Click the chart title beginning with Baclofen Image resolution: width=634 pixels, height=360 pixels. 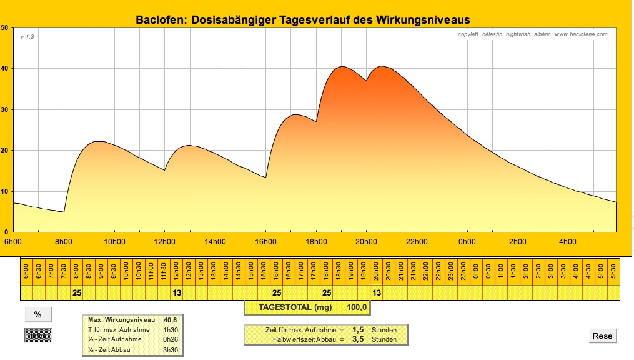(302, 20)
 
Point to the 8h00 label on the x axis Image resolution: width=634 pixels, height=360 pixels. (64, 242)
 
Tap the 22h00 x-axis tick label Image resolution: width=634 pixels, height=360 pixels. (417, 242)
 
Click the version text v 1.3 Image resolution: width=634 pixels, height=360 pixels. (27, 37)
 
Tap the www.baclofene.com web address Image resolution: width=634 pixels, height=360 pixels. (580, 34)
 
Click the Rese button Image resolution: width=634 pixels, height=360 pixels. (603, 336)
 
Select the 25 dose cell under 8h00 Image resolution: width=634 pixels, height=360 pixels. (77, 292)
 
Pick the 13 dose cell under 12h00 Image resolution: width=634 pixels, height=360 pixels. (177, 292)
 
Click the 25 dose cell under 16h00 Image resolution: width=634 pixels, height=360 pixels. (277, 292)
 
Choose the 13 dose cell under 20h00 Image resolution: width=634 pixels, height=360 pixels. (377, 292)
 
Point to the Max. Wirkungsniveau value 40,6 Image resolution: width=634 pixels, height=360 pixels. (170, 320)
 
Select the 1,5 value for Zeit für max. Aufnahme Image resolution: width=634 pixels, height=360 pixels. (359, 329)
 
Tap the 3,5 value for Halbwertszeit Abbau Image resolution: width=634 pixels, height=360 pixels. (359, 339)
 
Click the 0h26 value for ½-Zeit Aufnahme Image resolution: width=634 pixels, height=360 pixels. (170, 339)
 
